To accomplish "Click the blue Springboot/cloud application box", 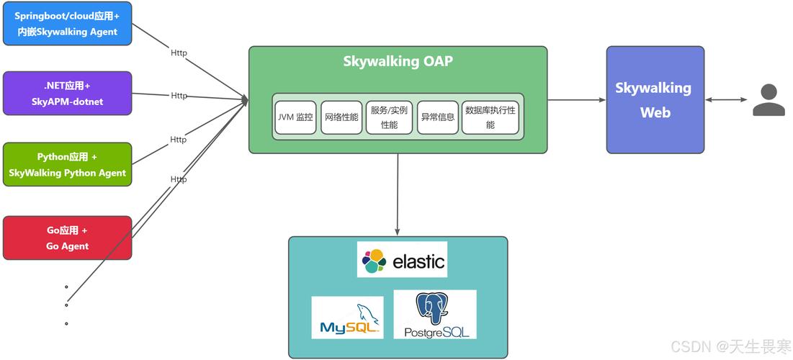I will pos(67,24).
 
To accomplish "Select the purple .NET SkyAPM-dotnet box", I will pos(67,94).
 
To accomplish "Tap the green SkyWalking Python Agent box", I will pos(67,164).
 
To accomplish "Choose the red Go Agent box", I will pos(67,238).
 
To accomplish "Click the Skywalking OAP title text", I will pos(398,61).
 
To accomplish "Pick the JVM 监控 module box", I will pos(295,117).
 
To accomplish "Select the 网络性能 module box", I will pos(341,117).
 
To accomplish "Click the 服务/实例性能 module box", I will pos(389,117).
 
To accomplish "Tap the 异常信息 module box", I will pos(437,117).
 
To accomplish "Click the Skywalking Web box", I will pos(655,100).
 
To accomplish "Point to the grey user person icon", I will pos(769,100).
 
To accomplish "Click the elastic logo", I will pos(402,260).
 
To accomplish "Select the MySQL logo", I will pos(347,318).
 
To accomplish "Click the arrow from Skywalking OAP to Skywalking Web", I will pos(576,100).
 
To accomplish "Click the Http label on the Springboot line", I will pos(179,53).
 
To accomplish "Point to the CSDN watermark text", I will pos(730,347).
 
